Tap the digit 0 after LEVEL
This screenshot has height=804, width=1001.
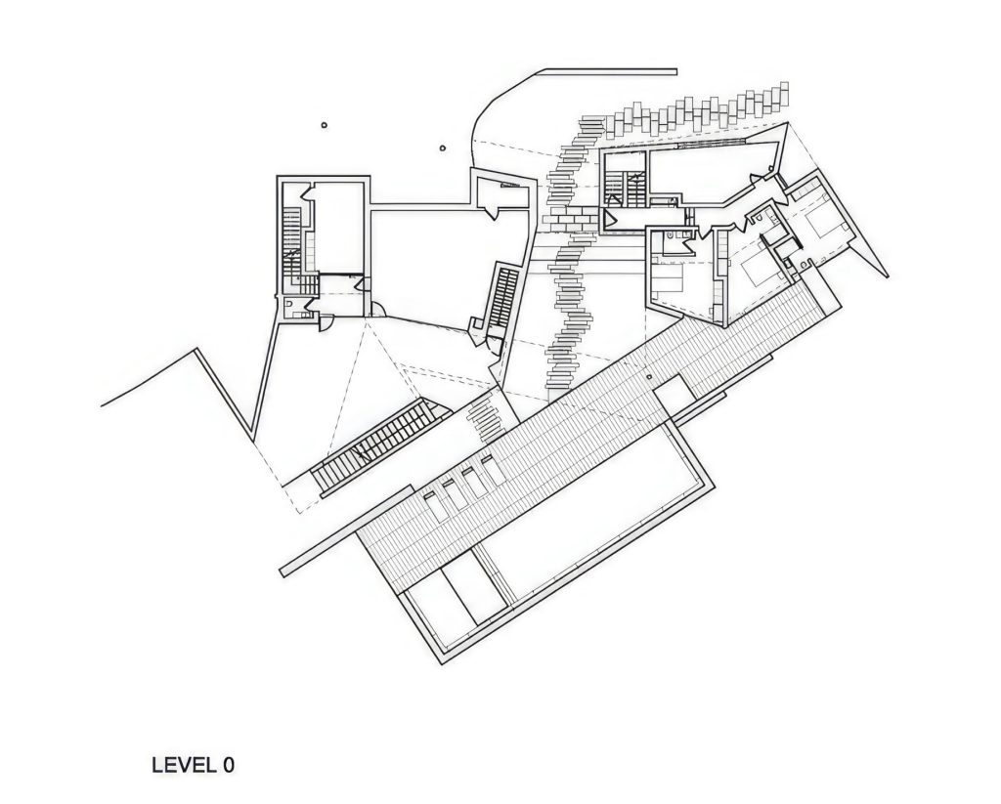pyautogui.click(x=228, y=765)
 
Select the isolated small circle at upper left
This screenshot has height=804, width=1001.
pyautogui.click(x=324, y=124)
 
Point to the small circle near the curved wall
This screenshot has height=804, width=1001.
pyautogui.click(x=442, y=148)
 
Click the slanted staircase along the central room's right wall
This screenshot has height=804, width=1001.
pyautogui.click(x=501, y=298)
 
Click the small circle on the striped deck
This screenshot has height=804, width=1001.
pyautogui.click(x=648, y=376)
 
